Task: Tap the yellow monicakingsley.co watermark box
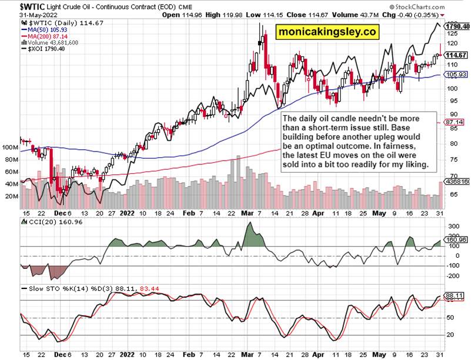click(328, 32)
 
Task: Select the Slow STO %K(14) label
click(49, 289)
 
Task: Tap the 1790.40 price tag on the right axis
click(456, 26)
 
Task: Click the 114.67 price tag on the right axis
click(456, 55)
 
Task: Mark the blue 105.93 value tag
click(456, 75)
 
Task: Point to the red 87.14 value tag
click(456, 122)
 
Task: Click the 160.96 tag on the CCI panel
click(456, 240)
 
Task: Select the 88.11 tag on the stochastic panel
click(456, 295)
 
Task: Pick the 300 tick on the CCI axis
click(453, 226)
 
